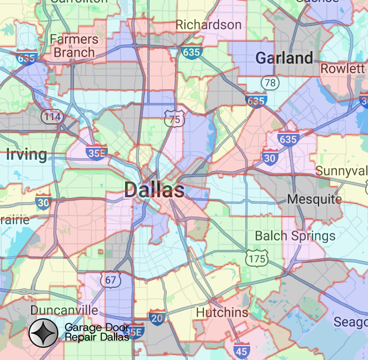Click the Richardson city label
(208, 24)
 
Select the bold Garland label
(284, 58)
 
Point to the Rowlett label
(342, 68)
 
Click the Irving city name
(26, 154)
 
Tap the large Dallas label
(155, 190)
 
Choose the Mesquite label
(315, 199)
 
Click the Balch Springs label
(295, 236)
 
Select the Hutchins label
(222, 313)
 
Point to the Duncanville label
(64, 310)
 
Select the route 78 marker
(270, 83)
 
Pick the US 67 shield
(111, 279)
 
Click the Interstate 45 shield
(241, 351)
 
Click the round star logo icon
(44, 333)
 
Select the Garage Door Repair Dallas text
(97, 332)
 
